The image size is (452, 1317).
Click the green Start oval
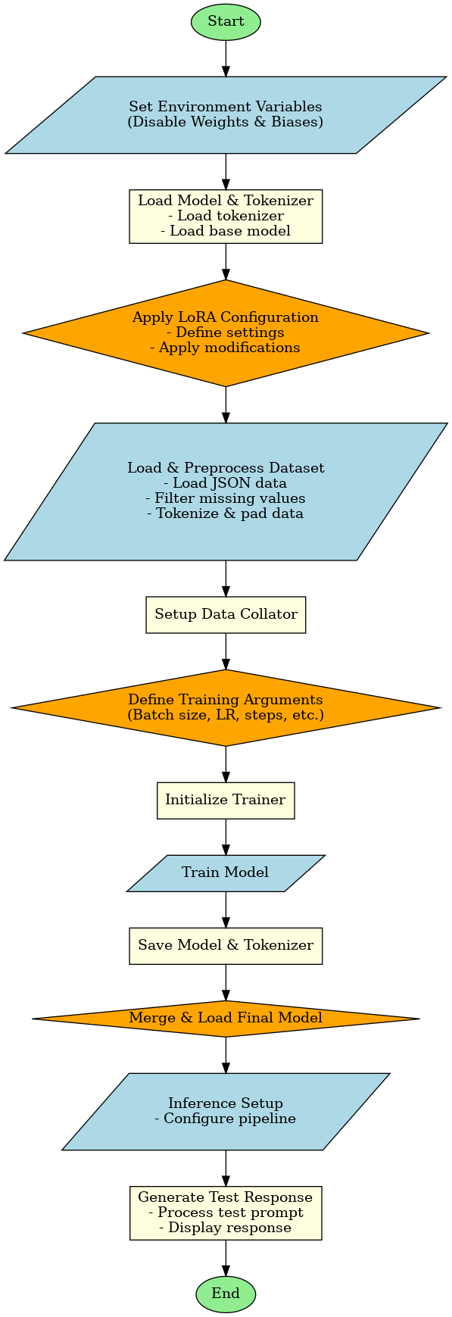226,22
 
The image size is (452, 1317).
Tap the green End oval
226,1294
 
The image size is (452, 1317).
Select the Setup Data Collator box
226,614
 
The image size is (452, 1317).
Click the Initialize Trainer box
226,800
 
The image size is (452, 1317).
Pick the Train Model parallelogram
226,872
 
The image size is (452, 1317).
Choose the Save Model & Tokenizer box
226,945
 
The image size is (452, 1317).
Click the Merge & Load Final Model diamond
226,1018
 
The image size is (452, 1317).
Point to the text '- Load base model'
226,231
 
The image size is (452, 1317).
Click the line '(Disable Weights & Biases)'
226,122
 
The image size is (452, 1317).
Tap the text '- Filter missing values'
226,498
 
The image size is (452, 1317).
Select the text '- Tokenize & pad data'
226,513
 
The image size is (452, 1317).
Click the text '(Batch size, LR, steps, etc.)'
226,715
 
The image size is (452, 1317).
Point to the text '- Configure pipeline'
226,1119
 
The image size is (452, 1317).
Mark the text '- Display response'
226,1228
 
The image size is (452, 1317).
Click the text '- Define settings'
226,332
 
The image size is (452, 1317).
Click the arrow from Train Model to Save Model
226,910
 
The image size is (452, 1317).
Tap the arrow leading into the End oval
226,1258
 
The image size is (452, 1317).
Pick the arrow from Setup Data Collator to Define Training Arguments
226,651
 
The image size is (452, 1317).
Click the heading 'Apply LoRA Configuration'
226,317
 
